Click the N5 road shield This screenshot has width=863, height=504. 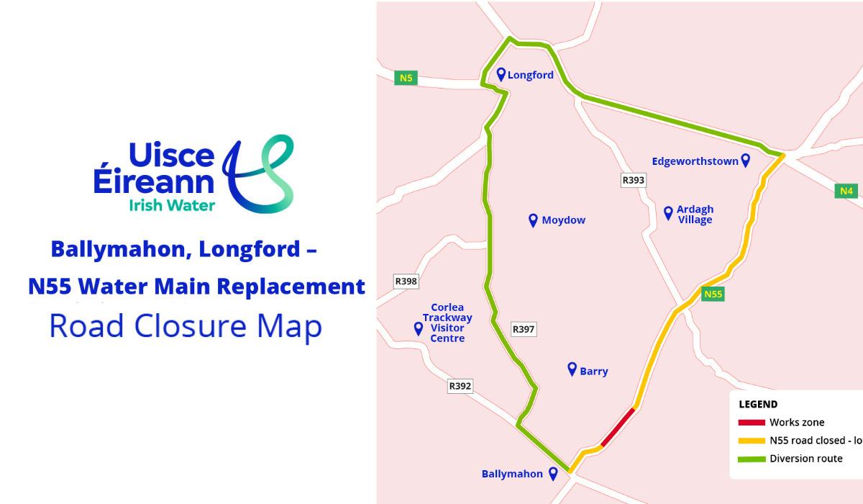tap(406, 78)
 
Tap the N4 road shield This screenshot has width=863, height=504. tap(846, 191)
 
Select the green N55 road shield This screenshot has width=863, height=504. tap(713, 294)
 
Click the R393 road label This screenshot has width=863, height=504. tap(633, 180)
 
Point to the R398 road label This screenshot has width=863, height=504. tap(406, 282)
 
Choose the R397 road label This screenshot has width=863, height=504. tap(524, 329)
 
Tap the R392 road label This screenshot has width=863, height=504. tap(460, 386)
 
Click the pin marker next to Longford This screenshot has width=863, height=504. tap(501, 73)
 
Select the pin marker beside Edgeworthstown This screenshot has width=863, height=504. tap(746, 160)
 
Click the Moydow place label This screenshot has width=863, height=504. tap(563, 220)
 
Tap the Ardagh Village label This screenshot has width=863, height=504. tap(695, 215)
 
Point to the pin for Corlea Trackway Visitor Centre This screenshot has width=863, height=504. tap(418, 328)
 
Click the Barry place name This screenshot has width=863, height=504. tap(593, 372)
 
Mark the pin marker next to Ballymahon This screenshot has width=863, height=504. tap(553, 473)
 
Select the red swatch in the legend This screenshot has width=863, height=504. tap(751, 423)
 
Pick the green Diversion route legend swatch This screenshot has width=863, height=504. tap(751, 459)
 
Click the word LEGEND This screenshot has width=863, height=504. tap(758, 405)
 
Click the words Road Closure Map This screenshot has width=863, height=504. tap(186, 326)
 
